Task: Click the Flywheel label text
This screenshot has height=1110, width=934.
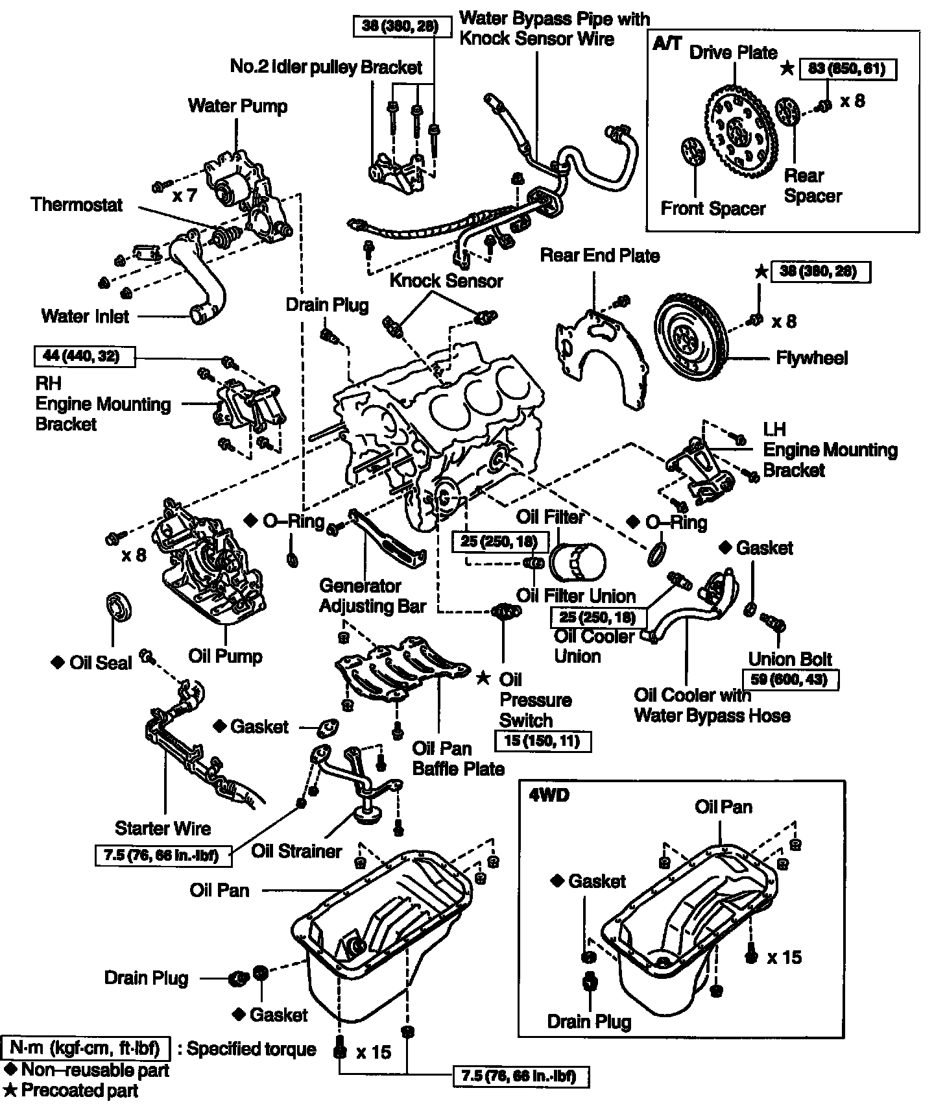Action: pos(811,358)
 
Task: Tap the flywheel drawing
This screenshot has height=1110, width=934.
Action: pos(691,336)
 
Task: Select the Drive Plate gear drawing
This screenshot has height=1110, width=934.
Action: pos(739,133)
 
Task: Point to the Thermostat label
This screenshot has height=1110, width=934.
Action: pos(77,205)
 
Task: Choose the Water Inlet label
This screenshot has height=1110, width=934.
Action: pos(85,316)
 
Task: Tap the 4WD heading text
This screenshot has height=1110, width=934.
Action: pos(549,795)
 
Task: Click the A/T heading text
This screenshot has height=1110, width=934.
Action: pos(667,43)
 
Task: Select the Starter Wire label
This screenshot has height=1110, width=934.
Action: pos(163,828)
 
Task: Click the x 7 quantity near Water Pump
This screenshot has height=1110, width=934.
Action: pos(184,195)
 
